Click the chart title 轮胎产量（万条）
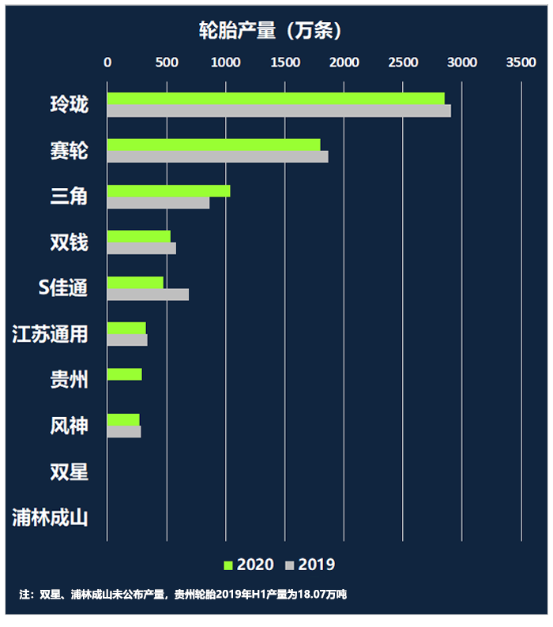coord(270,31)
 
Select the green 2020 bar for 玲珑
coord(276,98)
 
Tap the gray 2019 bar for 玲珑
coord(279,111)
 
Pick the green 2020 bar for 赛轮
coord(213,145)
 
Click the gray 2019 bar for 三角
coord(158,203)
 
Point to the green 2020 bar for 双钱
coord(138,236)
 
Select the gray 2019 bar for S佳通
coord(148,295)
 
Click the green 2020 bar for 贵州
coord(125,374)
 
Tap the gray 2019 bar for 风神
coord(124,432)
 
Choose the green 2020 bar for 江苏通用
coord(126,328)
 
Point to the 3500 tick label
coord(521,62)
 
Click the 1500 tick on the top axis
coord(284,62)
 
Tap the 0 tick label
coord(107,62)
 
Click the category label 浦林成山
coord(50,519)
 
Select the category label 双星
coord(69,472)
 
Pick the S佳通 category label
coord(63,288)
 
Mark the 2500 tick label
coord(403,62)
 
